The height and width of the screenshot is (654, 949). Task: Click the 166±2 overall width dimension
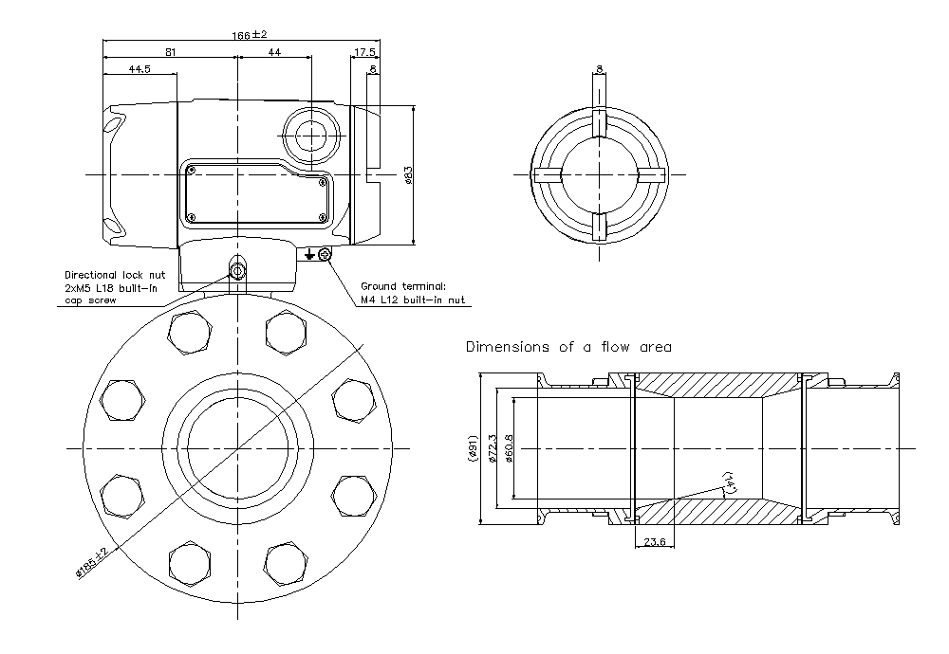pyautogui.click(x=250, y=35)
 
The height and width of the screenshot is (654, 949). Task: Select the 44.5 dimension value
pyautogui.click(x=140, y=69)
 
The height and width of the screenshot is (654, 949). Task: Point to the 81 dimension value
pyautogui.click(x=170, y=52)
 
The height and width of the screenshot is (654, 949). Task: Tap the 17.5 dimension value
pyautogui.click(x=364, y=52)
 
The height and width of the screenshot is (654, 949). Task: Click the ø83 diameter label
pyautogui.click(x=409, y=175)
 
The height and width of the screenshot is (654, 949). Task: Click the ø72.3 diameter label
pyautogui.click(x=492, y=447)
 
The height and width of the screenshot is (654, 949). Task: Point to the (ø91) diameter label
pyautogui.click(x=473, y=447)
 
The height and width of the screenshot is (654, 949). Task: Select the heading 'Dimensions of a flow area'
pyautogui.click(x=568, y=347)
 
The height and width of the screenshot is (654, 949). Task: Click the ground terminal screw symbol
pyautogui.click(x=326, y=254)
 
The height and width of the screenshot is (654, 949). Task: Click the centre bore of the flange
pyautogui.click(x=234, y=446)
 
